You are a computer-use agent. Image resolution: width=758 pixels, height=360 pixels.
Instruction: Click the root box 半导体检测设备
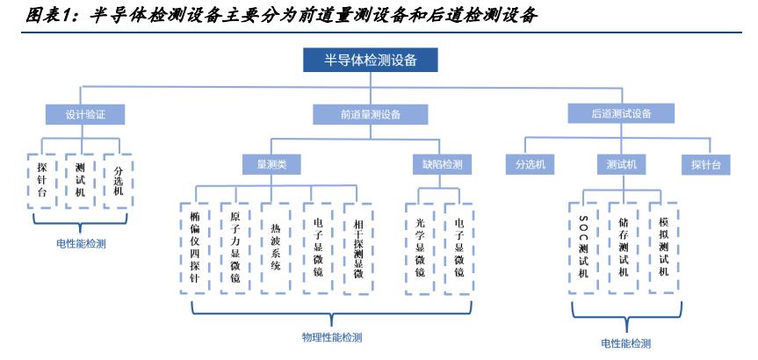(x=370, y=60)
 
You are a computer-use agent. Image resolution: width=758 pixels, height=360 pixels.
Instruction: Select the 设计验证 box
(x=84, y=114)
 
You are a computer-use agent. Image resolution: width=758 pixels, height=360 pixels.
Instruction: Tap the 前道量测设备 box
(x=371, y=114)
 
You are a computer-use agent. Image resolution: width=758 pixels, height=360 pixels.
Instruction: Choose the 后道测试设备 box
(x=620, y=113)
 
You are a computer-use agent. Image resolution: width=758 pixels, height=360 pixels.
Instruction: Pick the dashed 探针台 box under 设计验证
(x=42, y=179)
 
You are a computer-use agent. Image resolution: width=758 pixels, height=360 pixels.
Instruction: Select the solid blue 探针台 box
(x=705, y=164)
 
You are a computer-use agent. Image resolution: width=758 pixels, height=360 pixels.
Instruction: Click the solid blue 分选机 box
(x=530, y=164)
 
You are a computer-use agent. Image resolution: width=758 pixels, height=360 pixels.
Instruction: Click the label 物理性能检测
(x=332, y=336)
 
